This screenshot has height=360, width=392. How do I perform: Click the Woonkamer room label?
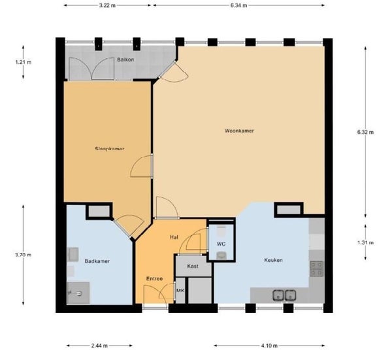[239, 131]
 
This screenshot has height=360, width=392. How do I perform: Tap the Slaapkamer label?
[110, 148]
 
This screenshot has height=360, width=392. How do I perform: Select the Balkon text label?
[125, 59]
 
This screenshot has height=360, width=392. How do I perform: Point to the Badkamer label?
[97, 261]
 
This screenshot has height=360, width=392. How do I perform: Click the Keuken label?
[273, 260]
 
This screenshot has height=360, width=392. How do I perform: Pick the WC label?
[221, 244]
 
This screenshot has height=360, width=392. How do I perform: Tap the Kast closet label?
[193, 266]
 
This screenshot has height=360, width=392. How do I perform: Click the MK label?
[180, 291]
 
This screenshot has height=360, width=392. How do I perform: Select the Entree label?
[154, 278]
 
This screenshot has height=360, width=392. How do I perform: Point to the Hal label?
[174, 237]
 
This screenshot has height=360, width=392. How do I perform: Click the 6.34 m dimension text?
[238, 5]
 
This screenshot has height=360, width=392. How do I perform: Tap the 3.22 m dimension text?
[107, 5]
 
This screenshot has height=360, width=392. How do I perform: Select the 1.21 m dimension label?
[24, 62]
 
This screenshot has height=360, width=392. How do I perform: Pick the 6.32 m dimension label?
[365, 132]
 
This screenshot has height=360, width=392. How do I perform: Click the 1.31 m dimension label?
[365, 242]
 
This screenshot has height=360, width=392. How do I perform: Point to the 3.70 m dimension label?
[24, 255]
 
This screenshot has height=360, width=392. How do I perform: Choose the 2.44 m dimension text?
[99, 346]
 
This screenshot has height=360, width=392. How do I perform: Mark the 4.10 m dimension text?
[269, 346]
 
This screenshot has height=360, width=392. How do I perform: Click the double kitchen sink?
[284, 295]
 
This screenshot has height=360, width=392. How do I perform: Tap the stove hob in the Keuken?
[316, 269]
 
